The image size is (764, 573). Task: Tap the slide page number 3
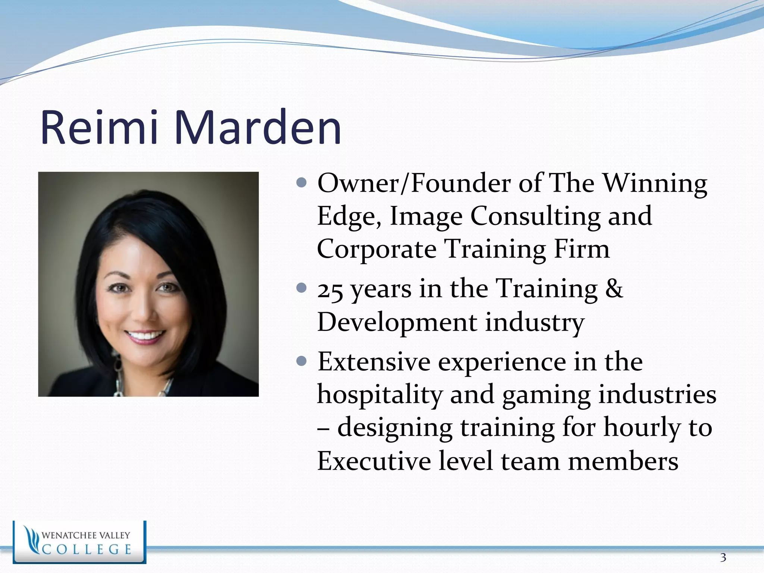[x=723, y=558]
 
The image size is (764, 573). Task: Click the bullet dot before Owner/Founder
[x=301, y=183]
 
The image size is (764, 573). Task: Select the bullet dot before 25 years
[x=301, y=288]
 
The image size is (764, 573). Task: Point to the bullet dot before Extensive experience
[x=301, y=361]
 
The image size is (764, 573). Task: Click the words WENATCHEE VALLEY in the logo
[x=86, y=535]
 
